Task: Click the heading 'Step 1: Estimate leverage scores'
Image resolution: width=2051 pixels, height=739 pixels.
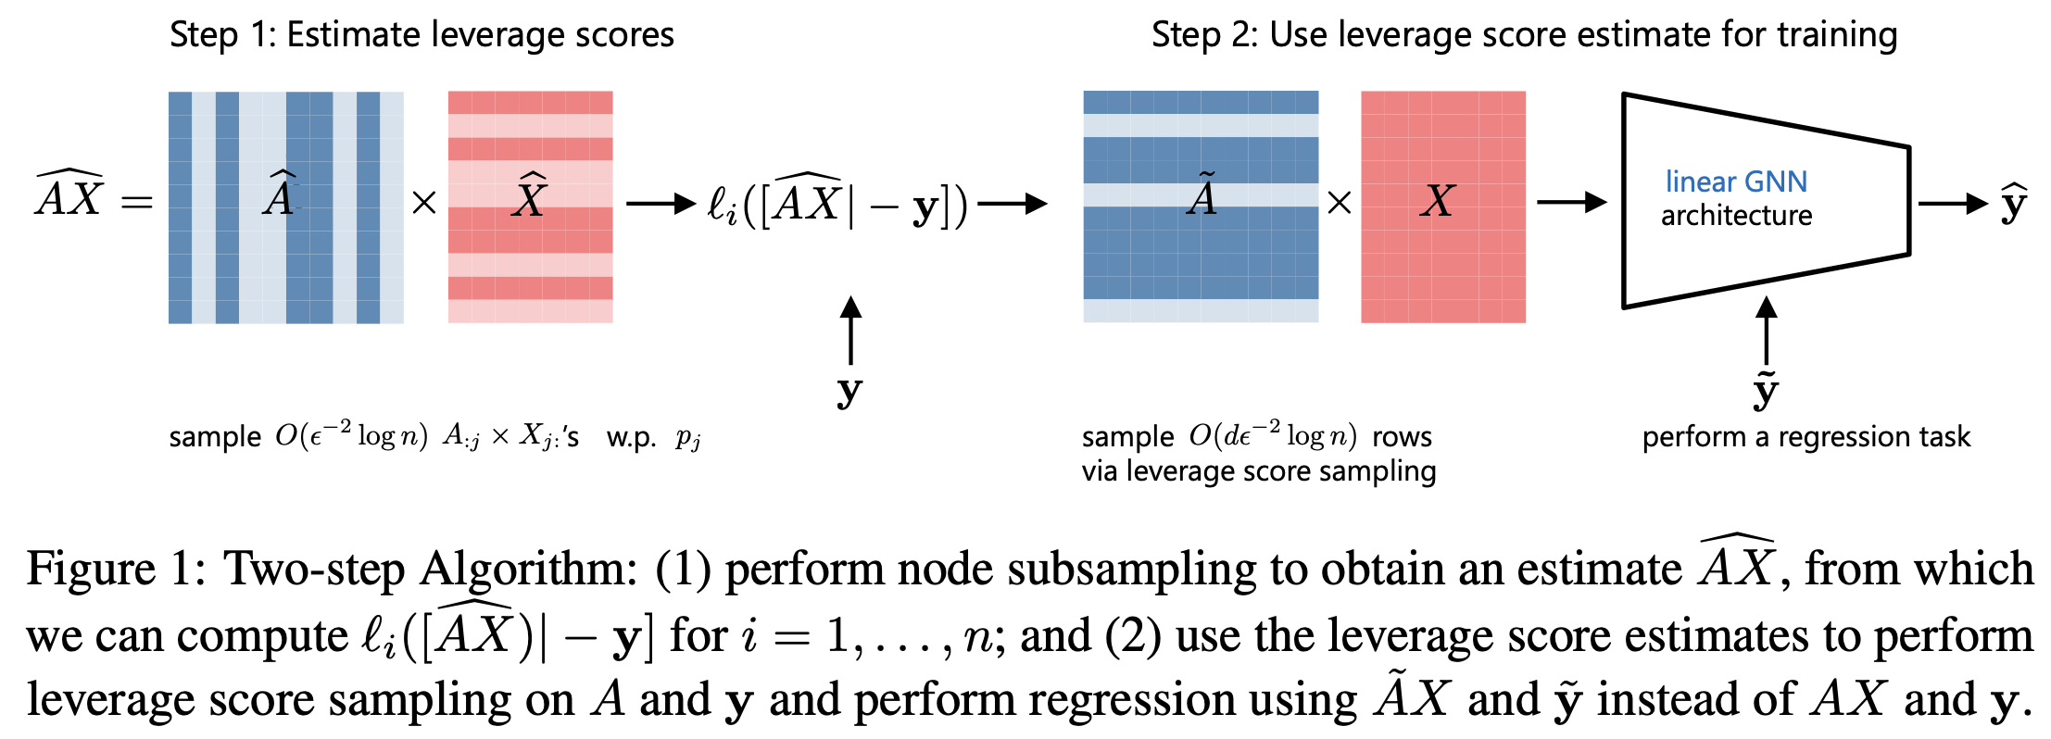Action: [422, 35]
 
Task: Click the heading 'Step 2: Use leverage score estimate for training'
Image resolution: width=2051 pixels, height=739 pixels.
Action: [1524, 35]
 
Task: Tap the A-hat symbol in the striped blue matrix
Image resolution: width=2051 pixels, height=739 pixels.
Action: [280, 196]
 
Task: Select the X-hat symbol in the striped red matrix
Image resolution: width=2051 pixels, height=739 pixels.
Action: [530, 197]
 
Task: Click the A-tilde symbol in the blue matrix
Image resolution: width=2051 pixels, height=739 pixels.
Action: [1202, 196]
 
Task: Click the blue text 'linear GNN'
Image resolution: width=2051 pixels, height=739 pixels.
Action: [1736, 182]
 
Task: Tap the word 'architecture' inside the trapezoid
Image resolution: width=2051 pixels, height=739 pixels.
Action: [1736, 216]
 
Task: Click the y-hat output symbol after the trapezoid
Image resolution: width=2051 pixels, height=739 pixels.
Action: [2013, 204]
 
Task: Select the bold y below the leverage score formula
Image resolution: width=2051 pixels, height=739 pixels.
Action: [849, 391]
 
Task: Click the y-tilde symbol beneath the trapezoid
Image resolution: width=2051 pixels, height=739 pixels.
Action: [1766, 391]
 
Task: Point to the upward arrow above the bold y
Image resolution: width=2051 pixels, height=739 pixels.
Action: [850, 330]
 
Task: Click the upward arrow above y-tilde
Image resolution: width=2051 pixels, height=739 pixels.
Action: [1767, 330]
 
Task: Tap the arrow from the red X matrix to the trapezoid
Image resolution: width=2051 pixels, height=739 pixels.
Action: [1571, 202]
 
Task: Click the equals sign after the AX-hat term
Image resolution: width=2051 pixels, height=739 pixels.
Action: [137, 202]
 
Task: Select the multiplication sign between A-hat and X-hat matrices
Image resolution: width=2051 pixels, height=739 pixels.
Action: [424, 202]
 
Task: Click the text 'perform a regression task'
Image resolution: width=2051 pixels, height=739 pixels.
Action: [1806, 436]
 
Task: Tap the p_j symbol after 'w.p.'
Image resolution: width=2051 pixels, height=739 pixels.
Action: [687, 437]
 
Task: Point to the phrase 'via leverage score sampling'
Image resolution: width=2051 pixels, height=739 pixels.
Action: [1258, 471]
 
